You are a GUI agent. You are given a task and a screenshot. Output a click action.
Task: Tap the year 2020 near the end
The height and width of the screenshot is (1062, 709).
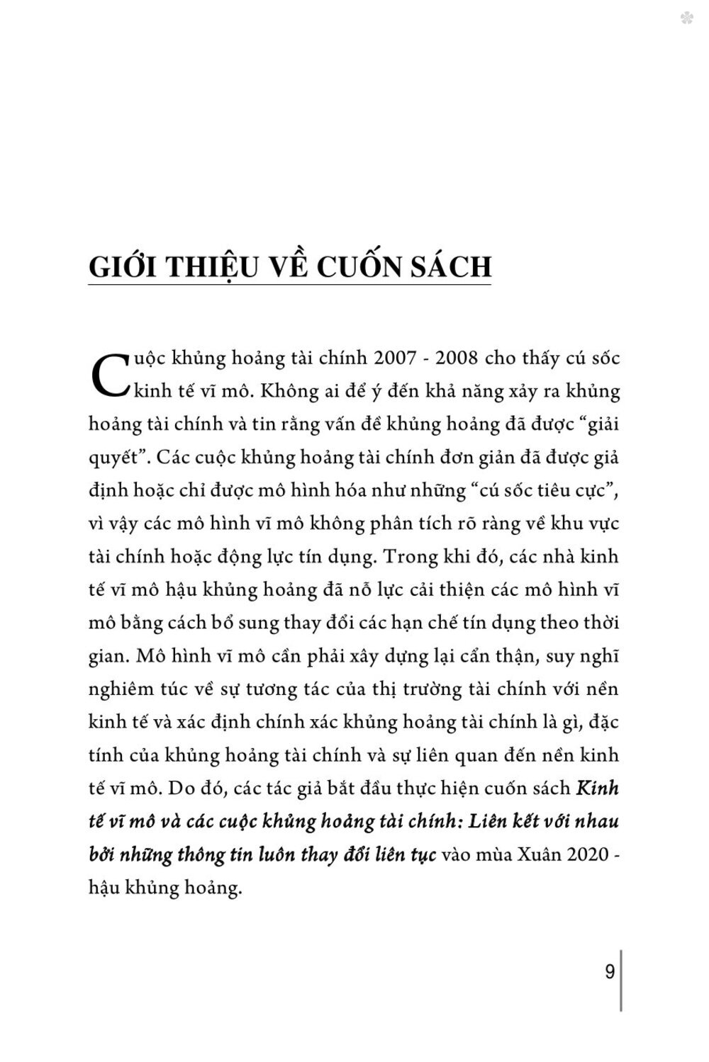click(x=583, y=854)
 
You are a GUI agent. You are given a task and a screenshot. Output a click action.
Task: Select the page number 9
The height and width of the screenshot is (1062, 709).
click(x=609, y=971)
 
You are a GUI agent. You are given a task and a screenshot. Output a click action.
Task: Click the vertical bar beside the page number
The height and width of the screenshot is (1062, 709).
click(x=621, y=981)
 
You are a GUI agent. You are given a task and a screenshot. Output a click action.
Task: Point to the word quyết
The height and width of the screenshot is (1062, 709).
click(x=113, y=458)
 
